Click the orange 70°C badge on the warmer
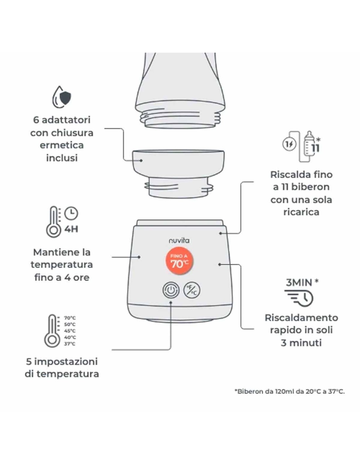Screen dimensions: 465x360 click(179, 261)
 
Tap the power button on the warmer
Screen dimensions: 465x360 click(171, 290)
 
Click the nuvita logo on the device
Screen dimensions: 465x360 click(179, 241)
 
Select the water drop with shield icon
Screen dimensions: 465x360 click(62, 97)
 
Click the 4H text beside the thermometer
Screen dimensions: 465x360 click(71, 229)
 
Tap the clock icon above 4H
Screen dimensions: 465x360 click(71, 214)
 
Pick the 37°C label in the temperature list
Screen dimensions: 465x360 click(70, 344)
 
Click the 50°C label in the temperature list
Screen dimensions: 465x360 click(70, 324)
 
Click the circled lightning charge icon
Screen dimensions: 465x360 click(289, 144)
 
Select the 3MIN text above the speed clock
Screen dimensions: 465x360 click(299, 283)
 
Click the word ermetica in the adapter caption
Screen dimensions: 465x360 click(62, 145)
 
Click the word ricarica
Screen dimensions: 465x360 click(301, 212)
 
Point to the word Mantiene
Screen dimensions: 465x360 click(52, 252)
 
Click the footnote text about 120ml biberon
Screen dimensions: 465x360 click(289, 391)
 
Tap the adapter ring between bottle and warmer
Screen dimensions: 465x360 click(178, 173)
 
